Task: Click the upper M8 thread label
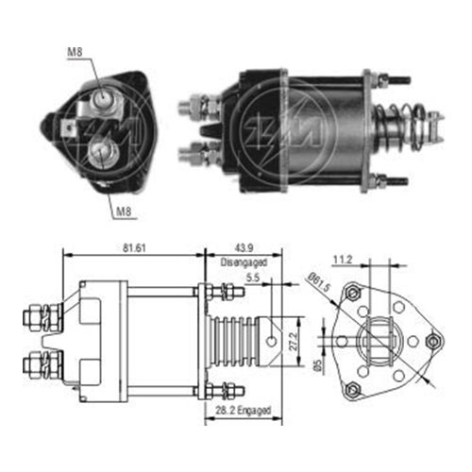pyautogui.click(x=75, y=52)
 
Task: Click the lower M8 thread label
pyautogui.click(x=124, y=211)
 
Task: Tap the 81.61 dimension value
pyautogui.click(x=134, y=248)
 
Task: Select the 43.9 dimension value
pyautogui.click(x=244, y=248)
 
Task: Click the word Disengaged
pyautogui.click(x=244, y=262)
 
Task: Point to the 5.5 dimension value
pyautogui.click(x=253, y=278)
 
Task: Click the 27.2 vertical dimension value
pyautogui.click(x=294, y=342)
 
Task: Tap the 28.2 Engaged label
pyautogui.click(x=243, y=411)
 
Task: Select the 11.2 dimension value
pyautogui.click(x=343, y=260)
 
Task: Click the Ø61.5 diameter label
pyautogui.click(x=318, y=282)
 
